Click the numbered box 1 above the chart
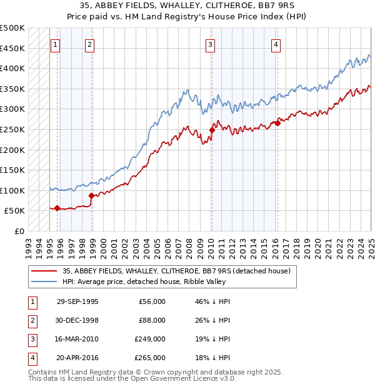(x=56, y=44)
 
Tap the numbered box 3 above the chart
(x=211, y=44)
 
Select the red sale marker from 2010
(x=212, y=130)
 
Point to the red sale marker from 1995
(x=57, y=208)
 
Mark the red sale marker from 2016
(x=277, y=123)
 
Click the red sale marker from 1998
(x=92, y=195)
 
